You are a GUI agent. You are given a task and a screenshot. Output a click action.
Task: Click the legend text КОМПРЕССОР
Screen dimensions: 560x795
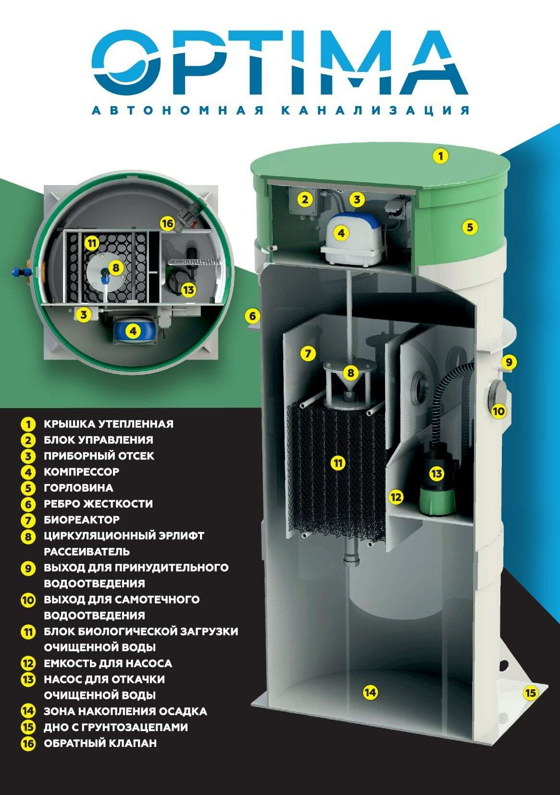pyautogui.click(x=81, y=472)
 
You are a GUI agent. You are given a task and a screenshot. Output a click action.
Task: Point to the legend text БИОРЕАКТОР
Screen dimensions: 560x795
pyautogui.click(x=82, y=520)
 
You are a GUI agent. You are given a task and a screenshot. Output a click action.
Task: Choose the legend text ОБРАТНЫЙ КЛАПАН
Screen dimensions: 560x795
pyautogui.click(x=100, y=743)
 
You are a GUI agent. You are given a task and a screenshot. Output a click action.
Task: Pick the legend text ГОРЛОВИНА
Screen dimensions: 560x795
pyautogui.click(x=78, y=487)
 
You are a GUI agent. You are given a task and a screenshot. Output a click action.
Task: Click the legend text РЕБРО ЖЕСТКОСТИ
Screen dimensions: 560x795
pyautogui.click(x=98, y=504)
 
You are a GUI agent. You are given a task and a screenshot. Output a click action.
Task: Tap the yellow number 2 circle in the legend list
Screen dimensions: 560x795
pyautogui.click(x=28, y=440)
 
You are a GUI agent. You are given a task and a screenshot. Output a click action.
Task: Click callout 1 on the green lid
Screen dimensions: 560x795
pyautogui.click(x=440, y=156)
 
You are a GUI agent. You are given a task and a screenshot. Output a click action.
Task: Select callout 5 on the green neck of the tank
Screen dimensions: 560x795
pyautogui.click(x=470, y=227)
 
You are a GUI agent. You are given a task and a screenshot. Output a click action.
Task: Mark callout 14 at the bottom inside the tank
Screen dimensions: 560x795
pyautogui.click(x=369, y=692)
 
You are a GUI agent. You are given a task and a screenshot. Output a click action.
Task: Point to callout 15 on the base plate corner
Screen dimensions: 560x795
pyautogui.click(x=530, y=693)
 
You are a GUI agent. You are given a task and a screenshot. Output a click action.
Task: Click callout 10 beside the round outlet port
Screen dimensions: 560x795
pyautogui.click(x=498, y=411)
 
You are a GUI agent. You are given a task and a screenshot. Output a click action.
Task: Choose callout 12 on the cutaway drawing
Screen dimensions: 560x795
pyautogui.click(x=396, y=497)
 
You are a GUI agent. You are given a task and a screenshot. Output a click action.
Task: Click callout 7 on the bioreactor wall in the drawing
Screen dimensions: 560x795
pyautogui.click(x=308, y=354)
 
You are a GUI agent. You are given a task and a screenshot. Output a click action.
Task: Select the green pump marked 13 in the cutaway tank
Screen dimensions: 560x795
pyautogui.click(x=435, y=485)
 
